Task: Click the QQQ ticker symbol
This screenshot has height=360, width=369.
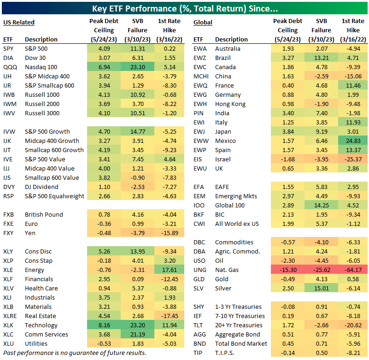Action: click(9, 67)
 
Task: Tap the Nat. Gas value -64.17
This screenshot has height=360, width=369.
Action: click(352, 270)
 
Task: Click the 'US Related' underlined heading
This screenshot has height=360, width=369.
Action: click(19, 22)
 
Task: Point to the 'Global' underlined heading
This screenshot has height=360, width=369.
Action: click(203, 22)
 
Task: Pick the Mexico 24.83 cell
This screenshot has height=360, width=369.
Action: click(352, 141)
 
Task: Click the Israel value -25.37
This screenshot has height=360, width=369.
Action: click(352, 159)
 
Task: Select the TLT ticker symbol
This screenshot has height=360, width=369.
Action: click(199, 325)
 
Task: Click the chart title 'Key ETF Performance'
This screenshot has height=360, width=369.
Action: click(185, 9)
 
